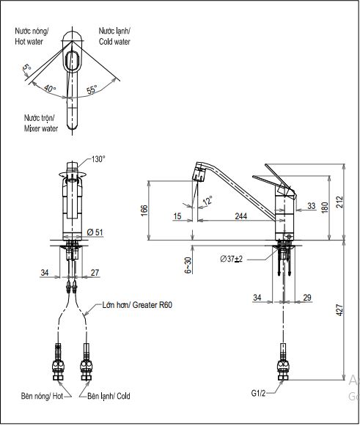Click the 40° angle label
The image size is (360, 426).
tap(50, 88)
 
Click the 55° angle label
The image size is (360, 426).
tap(92, 89)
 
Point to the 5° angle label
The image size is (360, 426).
tap(27, 67)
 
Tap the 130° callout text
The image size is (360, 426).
tap(98, 159)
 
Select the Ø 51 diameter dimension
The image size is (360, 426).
tap(95, 232)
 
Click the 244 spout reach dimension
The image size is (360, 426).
tap(241, 216)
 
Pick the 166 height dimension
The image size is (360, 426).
tap(144, 210)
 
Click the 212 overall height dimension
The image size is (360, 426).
tap(339, 202)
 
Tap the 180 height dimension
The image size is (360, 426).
tap(325, 208)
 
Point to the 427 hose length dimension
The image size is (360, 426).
tap(339, 310)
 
